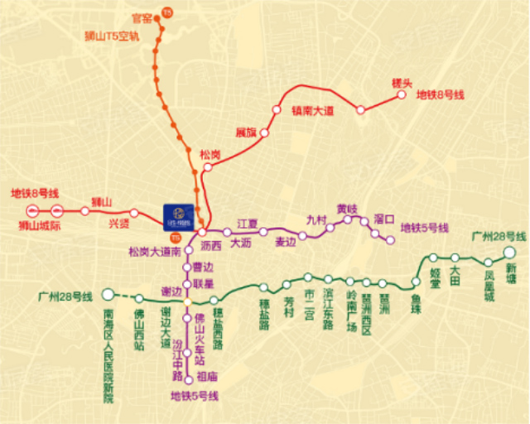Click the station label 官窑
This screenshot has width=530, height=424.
(142, 17)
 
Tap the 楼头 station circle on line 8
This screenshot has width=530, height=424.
(402, 94)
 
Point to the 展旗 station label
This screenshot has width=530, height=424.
(246, 132)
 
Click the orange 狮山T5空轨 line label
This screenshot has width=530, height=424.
(112, 36)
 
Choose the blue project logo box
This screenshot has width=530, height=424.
(178, 216)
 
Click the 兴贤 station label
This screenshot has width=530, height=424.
(118, 223)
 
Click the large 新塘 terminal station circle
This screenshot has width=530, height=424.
(510, 253)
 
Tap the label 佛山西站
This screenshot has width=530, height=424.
(139, 328)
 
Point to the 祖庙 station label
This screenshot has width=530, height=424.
(207, 377)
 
